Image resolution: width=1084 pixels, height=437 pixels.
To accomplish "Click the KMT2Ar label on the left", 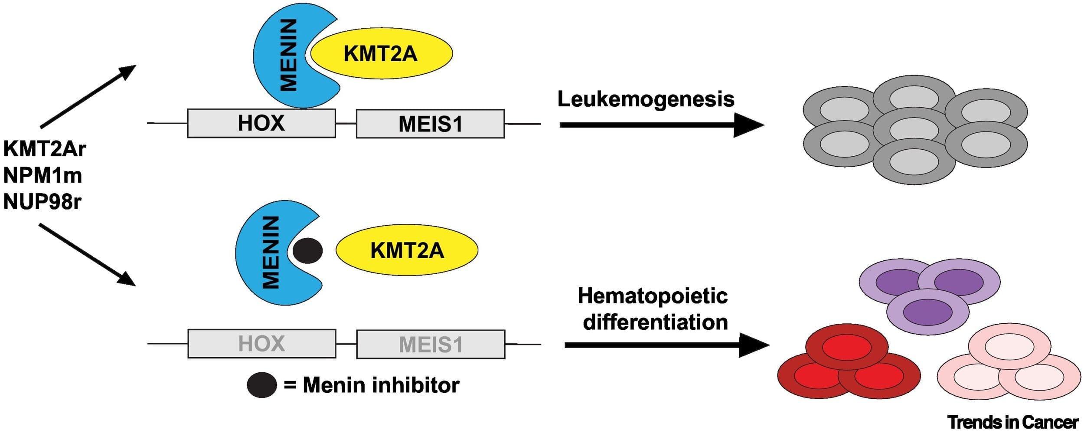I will (45, 149).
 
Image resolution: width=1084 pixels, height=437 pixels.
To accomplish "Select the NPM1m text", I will (42, 175).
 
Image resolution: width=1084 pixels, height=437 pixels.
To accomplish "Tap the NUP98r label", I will (42, 202).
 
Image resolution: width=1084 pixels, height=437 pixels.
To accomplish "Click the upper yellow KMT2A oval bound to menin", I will (381, 54).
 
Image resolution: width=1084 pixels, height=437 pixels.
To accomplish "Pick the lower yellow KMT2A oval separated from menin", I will (407, 250).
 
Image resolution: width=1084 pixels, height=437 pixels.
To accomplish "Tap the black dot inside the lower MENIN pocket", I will (307, 251).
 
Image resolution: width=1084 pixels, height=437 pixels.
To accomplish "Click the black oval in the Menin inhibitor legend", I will (262, 385).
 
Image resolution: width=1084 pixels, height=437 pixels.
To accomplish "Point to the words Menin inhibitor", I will (381, 385).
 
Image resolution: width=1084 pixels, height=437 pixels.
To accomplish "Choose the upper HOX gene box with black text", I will (261, 123).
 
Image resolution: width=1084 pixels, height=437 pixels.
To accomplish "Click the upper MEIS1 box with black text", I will (430, 124).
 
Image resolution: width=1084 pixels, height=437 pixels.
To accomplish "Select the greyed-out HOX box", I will (261, 344).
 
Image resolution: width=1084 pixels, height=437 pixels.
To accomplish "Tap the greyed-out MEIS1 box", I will (431, 345).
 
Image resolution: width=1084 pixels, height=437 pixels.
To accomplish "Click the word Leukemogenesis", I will (646, 99).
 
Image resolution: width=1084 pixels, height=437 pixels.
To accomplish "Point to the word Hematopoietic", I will (653, 296).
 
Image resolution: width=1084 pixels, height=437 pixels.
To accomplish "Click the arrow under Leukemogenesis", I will (659, 125).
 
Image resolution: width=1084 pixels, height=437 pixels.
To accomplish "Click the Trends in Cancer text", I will (1012, 422).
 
